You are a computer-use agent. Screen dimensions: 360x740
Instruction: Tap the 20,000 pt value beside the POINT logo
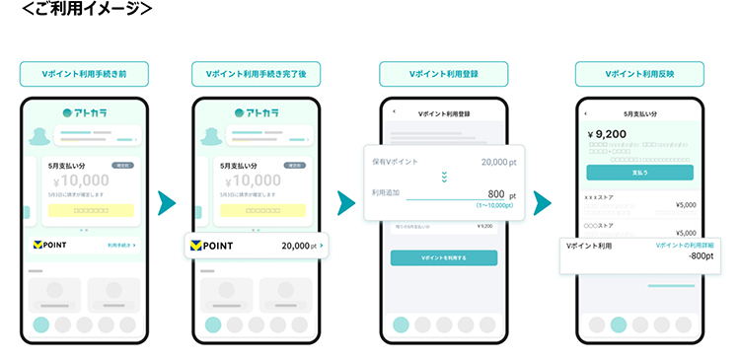coord(299,246)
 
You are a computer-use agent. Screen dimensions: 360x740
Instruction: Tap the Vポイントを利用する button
coord(443,257)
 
